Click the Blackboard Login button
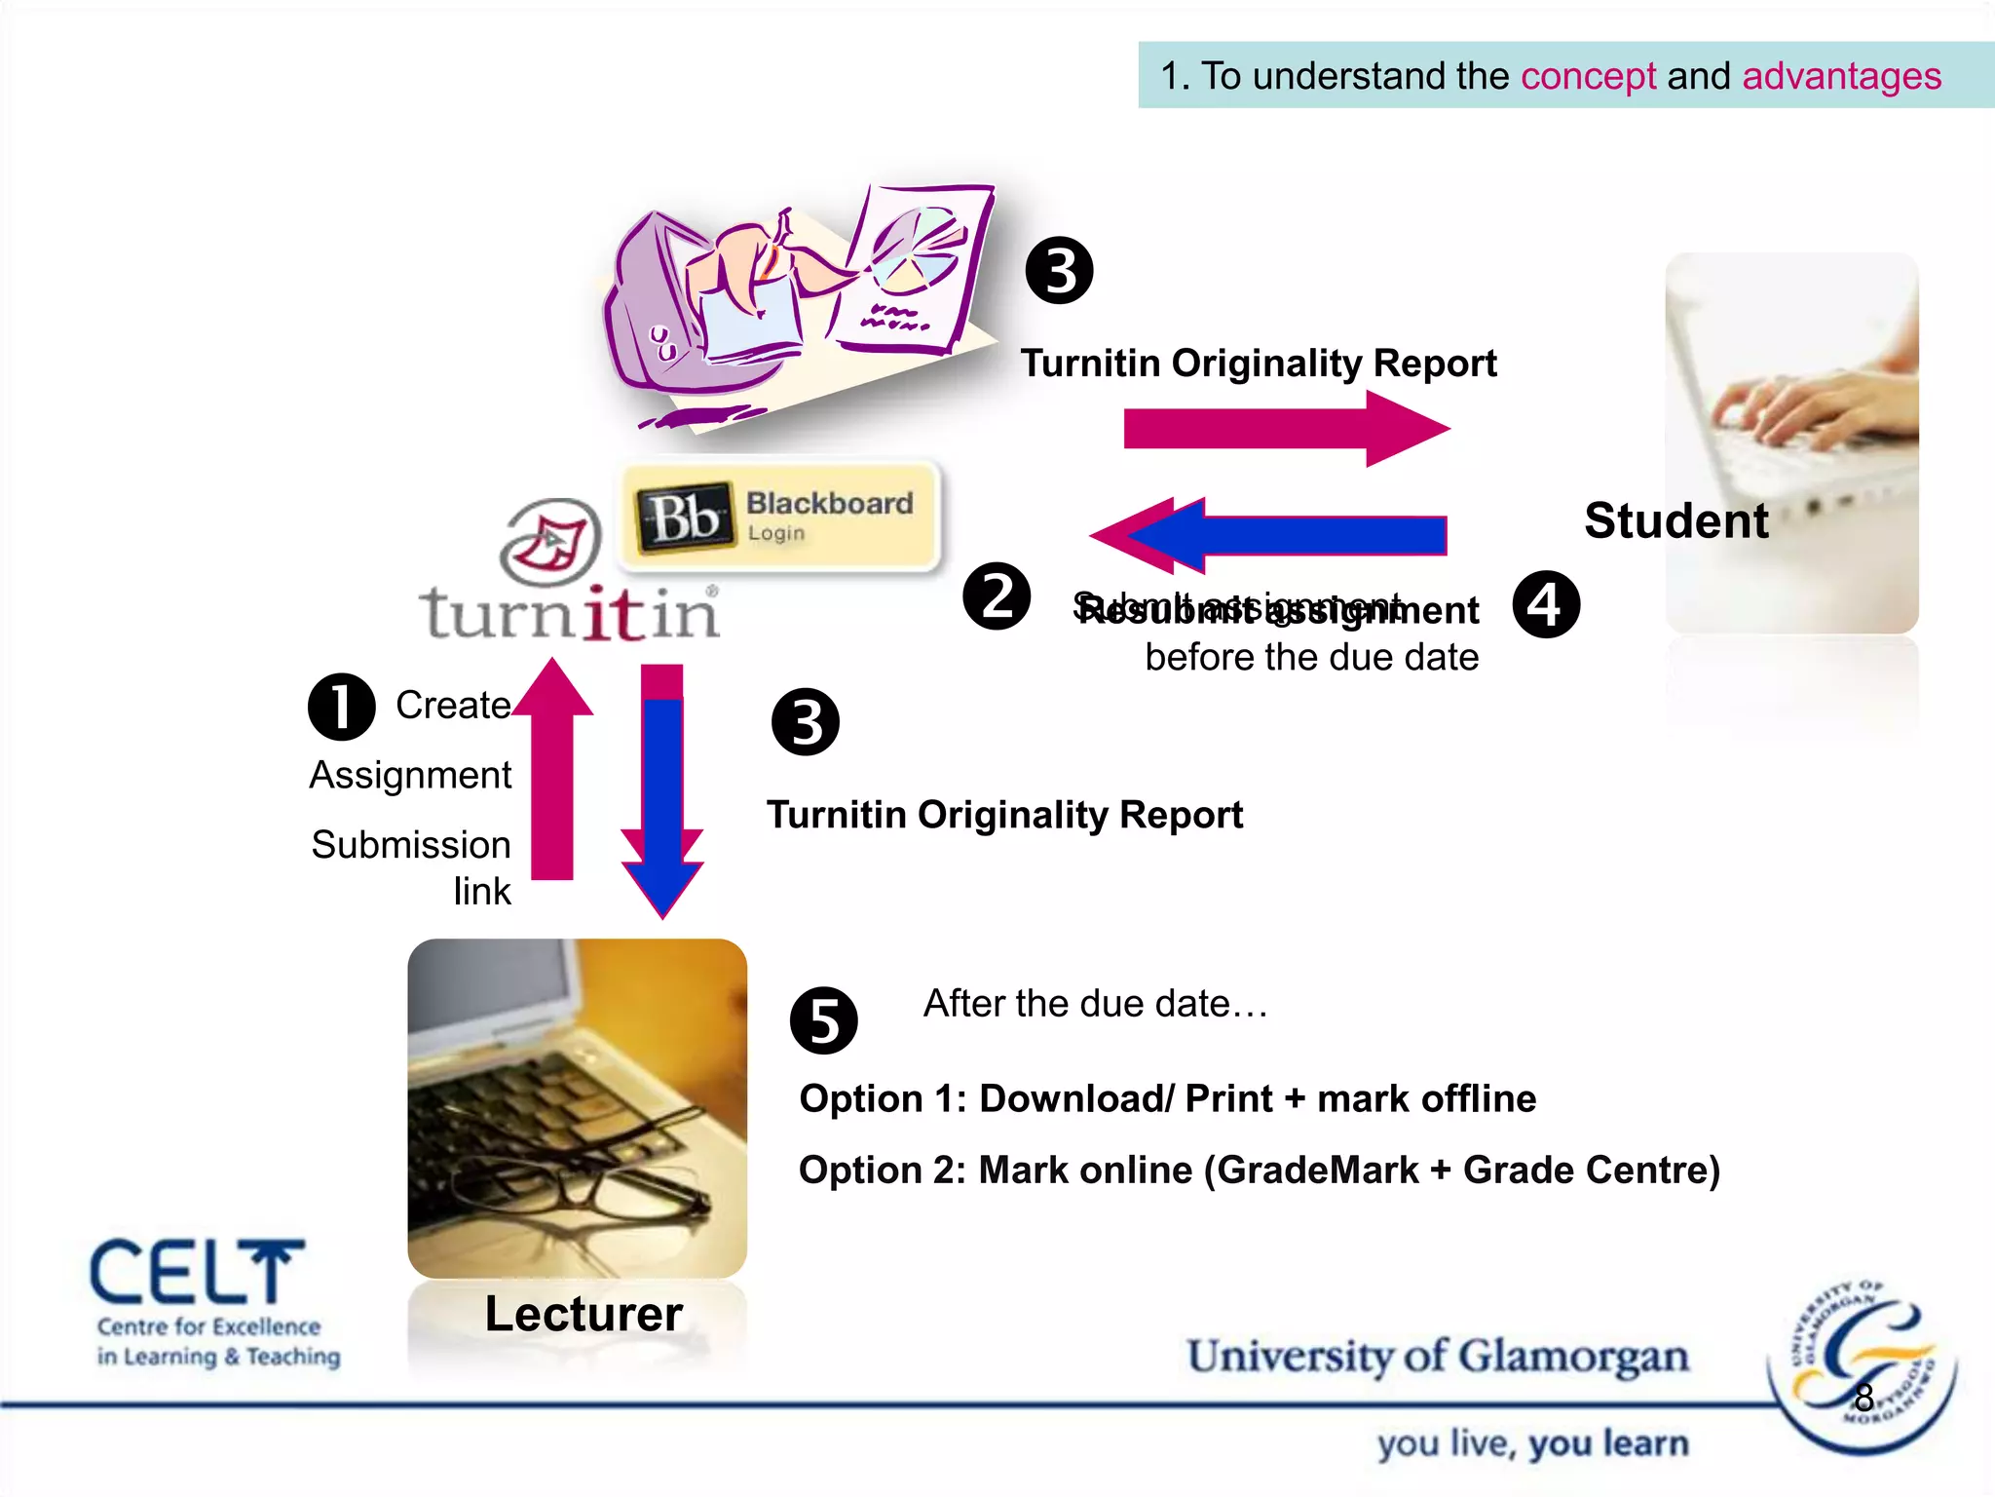(x=781, y=515)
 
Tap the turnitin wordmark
(x=570, y=614)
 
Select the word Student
(x=1675, y=520)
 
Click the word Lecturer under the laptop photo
(x=583, y=1314)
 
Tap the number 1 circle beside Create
(x=341, y=707)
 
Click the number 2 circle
(x=997, y=596)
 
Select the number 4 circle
(x=1546, y=604)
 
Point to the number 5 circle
(x=824, y=1020)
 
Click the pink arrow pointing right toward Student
(x=1286, y=429)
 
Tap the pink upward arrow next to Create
(x=552, y=770)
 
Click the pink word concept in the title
(x=1588, y=76)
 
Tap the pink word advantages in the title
(x=1841, y=76)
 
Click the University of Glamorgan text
(x=1438, y=1357)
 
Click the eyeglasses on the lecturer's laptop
(x=584, y=1170)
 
